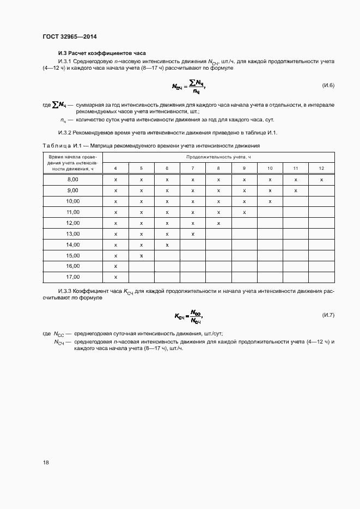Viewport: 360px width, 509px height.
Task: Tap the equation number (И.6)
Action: click(325, 86)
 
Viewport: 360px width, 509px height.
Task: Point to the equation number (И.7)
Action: click(325, 315)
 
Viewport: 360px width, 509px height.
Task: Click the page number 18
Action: click(46, 462)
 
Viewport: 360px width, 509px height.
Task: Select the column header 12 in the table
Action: click(321, 168)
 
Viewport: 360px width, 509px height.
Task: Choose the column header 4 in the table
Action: click(115, 168)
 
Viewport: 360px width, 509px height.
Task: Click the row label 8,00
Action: click(72, 179)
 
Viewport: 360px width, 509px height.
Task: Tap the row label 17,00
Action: click(72, 277)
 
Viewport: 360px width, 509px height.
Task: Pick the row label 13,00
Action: click(72, 234)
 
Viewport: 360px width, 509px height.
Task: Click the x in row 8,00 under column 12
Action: click(321, 179)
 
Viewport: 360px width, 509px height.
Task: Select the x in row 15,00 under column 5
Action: click(141, 255)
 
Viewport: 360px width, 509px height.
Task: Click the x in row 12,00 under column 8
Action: click(218, 223)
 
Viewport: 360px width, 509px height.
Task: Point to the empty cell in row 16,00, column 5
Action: click(141, 266)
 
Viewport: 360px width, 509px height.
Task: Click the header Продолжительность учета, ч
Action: click(218, 157)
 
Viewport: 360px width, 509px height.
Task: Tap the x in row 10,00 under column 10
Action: click(270, 201)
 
